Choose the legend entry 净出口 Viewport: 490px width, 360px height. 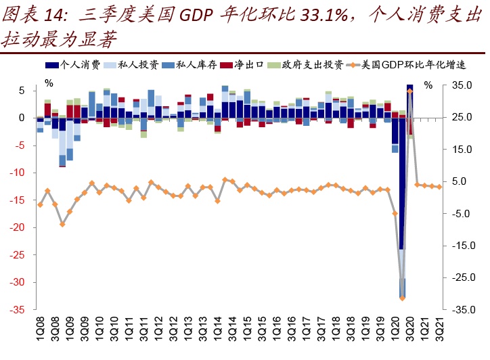pos(248,65)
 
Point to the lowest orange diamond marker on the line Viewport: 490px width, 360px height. pos(402,298)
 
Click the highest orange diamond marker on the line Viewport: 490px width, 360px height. pos(409,91)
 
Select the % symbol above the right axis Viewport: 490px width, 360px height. pos(428,85)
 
